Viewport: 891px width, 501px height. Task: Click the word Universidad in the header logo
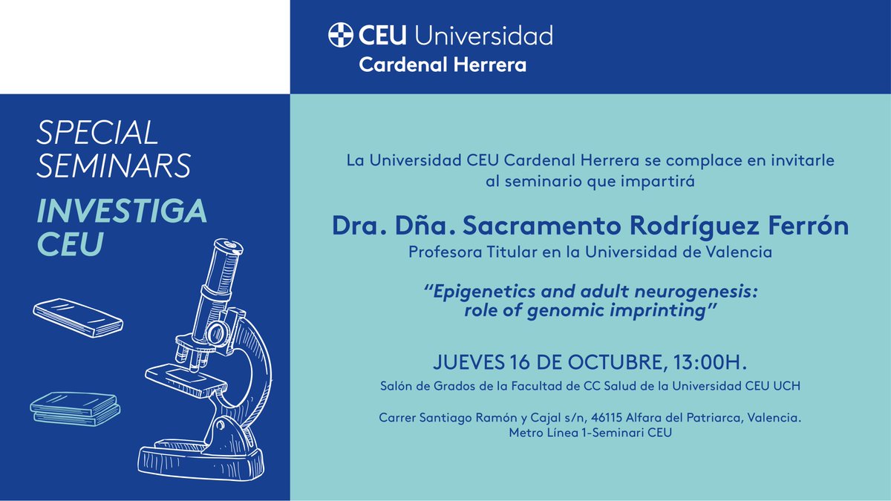pos(483,35)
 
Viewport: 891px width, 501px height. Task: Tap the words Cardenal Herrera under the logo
pos(443,65)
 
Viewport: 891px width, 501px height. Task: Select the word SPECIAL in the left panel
pos(97,133)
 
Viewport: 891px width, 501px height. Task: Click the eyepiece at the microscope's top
pos(226,247)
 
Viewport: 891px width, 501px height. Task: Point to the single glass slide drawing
pos(78,317)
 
